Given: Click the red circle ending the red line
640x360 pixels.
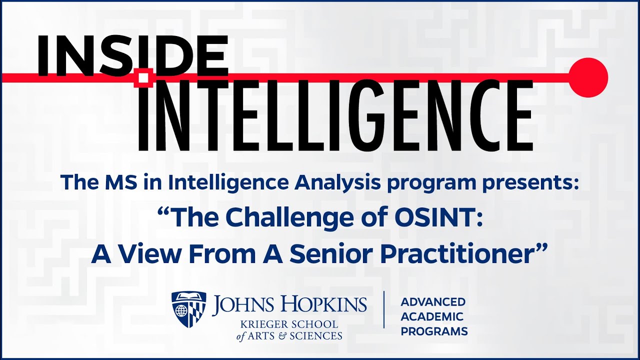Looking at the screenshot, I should click(x=589, y=77).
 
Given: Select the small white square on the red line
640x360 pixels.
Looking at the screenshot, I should click(x=144, y=77).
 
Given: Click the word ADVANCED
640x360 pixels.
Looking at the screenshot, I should click(x=433, y=302).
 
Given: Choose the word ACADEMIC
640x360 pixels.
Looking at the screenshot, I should click(x=432, y=316).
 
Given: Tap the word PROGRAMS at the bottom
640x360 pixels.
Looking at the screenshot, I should click(x=434, y=331).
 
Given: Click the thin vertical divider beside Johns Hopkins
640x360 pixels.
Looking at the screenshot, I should click(x=384, y=309).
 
